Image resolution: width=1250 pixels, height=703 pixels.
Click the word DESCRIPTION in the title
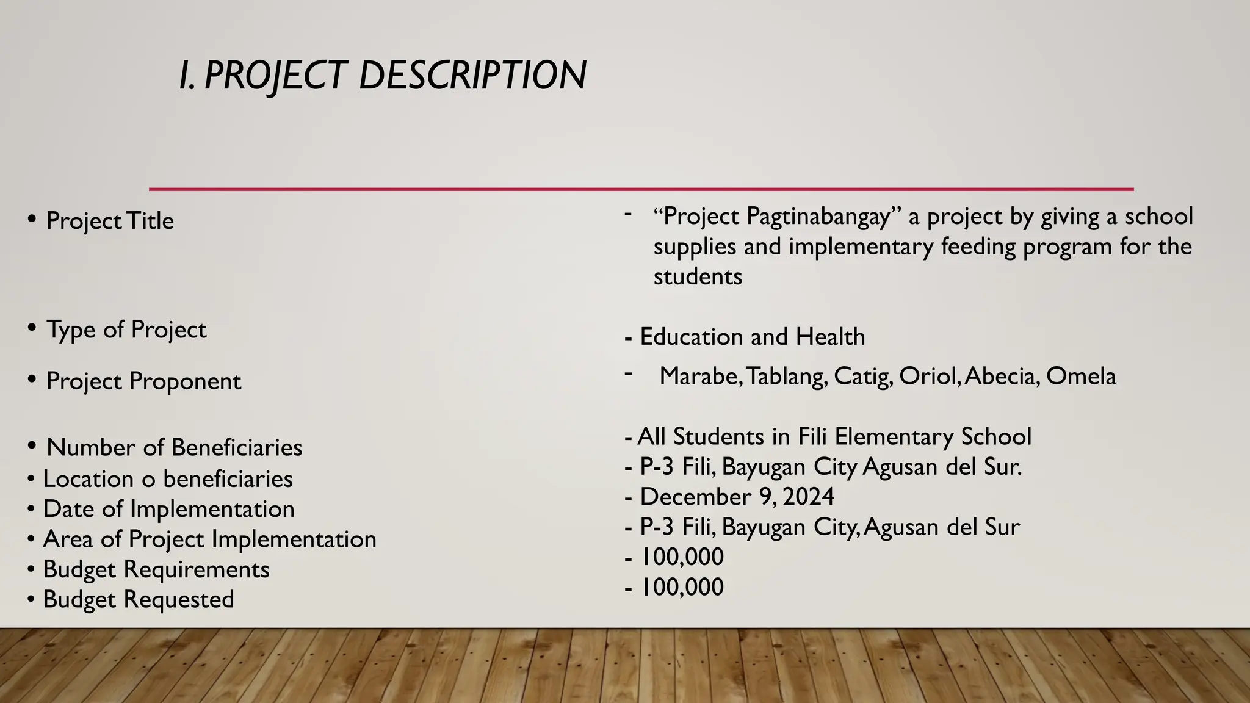(472, 76)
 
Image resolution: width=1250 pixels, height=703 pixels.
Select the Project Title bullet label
(110, 221)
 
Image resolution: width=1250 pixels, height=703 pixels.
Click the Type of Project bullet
(126, 330)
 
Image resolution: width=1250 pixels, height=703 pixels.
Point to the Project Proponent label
(143, 381)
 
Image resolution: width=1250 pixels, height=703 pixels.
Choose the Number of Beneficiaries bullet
(174, 447)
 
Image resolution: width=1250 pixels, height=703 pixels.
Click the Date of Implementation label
(168, 509)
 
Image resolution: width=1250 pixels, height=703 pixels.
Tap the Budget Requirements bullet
(156, 569)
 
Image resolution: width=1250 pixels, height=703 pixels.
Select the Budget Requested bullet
(139, 599)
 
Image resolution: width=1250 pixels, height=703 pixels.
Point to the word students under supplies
(698, 276)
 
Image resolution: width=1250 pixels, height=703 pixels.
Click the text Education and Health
(752, 337)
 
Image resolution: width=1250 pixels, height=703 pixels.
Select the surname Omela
(1080, 376)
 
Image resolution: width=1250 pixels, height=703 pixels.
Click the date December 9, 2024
(737, 497)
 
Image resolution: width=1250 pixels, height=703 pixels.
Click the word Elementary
(894, 437)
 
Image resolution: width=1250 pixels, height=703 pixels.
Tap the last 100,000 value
(682, 587)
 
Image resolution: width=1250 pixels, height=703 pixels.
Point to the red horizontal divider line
(641, 189)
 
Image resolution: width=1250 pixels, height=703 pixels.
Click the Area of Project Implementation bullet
(209, 539)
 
